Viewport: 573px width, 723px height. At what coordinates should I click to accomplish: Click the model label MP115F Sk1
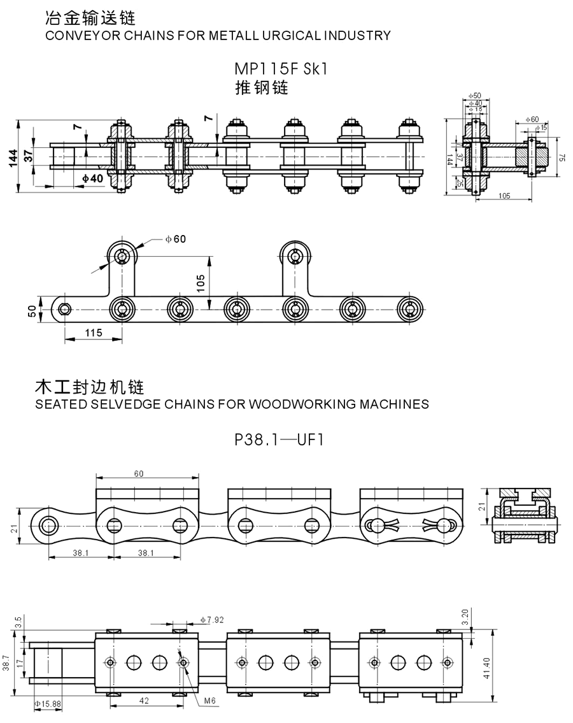281,69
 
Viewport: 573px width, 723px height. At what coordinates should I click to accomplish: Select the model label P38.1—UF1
279,440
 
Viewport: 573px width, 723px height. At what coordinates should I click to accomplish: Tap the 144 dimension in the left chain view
13,158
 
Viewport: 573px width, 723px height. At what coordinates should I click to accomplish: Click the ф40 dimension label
93,178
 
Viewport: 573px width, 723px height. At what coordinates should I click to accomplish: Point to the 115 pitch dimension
94,333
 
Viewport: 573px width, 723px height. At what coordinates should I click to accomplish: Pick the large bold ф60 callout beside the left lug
176,239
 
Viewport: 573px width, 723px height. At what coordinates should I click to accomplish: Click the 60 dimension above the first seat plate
139,473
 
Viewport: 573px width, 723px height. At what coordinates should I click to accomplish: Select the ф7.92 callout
212,620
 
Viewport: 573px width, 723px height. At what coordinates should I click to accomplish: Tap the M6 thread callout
209,701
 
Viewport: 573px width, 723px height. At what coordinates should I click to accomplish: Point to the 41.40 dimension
487,668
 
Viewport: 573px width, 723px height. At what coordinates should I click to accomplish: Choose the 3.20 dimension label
465,617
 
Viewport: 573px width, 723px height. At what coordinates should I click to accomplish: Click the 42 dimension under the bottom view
144,701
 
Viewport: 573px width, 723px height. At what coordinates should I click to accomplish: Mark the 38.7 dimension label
6,663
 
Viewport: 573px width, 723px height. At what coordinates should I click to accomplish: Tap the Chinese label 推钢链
262,88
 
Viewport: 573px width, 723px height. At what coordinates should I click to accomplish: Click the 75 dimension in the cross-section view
562,157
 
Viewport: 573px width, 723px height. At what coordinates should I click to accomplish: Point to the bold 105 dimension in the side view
201,283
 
